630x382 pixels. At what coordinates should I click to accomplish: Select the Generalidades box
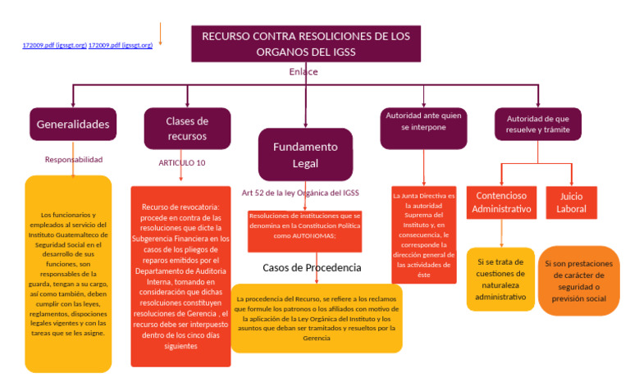pos(72,125)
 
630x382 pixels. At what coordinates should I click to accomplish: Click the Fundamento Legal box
pos(305,154)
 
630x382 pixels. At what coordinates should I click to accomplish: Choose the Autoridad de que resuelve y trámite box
pos(537,124)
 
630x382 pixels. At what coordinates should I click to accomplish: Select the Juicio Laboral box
pos(573,202)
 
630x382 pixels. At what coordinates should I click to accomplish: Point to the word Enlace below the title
pos(303,72)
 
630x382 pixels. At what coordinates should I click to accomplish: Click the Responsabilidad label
pos(74,160)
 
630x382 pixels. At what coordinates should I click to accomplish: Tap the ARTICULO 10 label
pos(182,162)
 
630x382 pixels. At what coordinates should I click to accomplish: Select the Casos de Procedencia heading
pos(312,268)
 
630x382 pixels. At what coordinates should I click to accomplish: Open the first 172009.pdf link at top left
pos(54,45)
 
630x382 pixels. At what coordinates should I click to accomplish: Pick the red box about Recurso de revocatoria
pos(180,276)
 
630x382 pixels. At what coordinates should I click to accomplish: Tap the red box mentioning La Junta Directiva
pos(423,235)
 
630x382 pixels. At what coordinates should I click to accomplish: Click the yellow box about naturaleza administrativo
pos(500,279)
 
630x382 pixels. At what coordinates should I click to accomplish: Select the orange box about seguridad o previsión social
pos(578,281)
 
